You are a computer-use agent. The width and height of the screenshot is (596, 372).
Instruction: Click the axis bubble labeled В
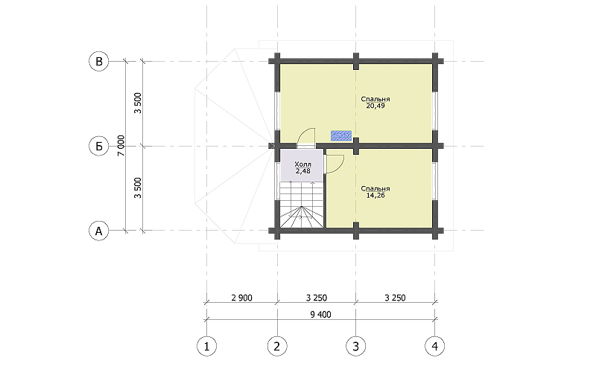[99, 62]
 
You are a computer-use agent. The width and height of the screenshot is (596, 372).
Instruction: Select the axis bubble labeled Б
[99, 146]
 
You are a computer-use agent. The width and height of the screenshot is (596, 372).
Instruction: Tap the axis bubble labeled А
[99, 231]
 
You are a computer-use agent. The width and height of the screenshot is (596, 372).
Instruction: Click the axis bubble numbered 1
[207, 346]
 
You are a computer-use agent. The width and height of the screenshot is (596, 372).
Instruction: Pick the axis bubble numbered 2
[277, 346]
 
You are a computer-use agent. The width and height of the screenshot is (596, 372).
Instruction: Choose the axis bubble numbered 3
[356, 346]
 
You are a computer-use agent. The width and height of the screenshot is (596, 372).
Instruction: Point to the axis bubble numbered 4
[435, 346]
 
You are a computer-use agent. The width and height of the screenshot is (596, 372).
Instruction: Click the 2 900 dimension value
[241, 298]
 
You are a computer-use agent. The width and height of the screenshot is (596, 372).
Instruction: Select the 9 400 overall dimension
[320, 315]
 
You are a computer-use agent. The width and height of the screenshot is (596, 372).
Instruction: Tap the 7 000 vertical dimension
[121, 146]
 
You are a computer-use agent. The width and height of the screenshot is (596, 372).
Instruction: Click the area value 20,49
[375, 106]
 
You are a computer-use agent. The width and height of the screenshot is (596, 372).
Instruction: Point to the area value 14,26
[375, 196]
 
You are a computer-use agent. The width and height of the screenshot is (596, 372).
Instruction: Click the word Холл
[303, 164]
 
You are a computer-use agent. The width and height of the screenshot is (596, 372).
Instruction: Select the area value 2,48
[303, 171]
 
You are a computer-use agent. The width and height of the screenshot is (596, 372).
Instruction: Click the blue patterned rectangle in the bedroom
[341, 135]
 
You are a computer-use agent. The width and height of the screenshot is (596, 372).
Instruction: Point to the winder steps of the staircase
[302, 217]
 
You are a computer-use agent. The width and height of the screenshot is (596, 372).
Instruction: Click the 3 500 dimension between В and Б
[138, 103]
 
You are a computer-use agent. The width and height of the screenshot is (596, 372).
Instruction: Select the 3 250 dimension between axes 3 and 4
[396, 298]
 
